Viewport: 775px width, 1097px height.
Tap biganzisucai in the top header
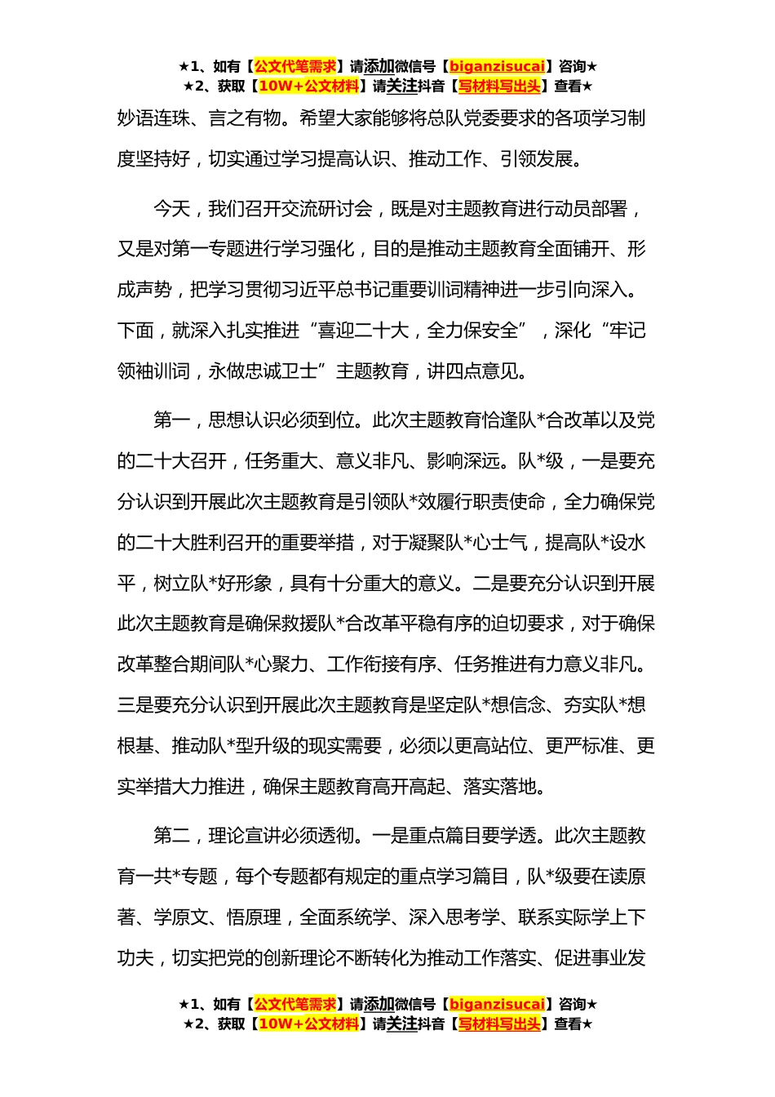497,67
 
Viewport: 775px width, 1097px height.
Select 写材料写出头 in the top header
498,87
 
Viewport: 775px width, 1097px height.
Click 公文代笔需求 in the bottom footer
295,1005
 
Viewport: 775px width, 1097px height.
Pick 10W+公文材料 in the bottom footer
308,1024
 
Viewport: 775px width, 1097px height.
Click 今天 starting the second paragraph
171,210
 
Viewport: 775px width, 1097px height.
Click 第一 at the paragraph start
171,421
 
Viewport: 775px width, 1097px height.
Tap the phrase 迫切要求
527,624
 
